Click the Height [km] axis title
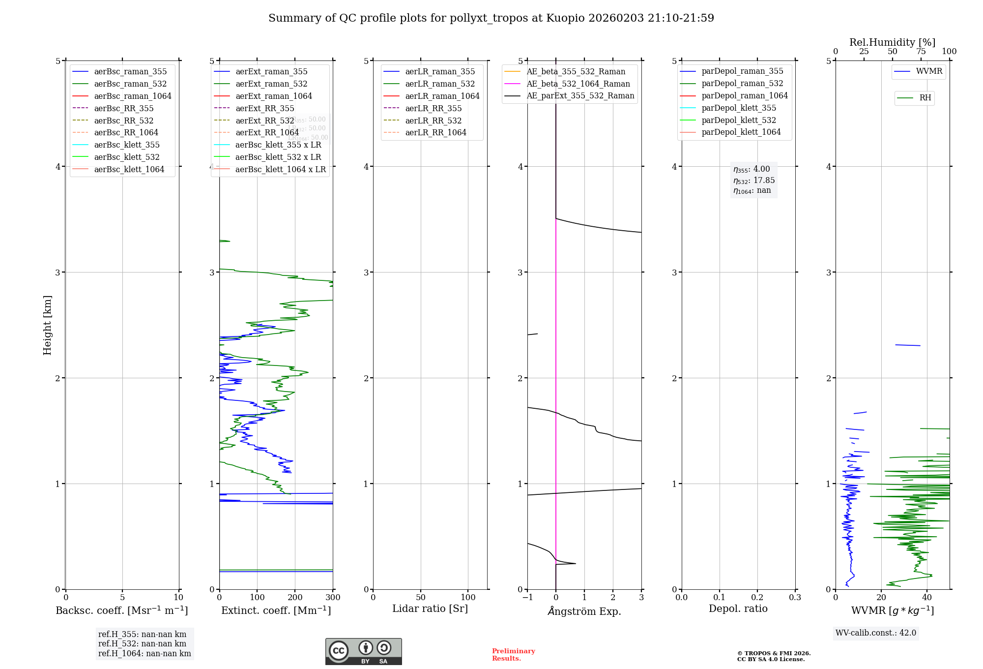(x=47, y=325)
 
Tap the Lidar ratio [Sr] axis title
(x=430, y=608)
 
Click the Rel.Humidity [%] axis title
(x=892, y=42)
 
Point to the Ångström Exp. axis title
(x=584, y=611)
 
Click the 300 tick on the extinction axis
(x=333, y=597)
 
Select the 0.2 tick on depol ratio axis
(x=757, y=597)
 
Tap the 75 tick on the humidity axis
(x=921, y=52)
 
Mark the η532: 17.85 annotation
(x=754, y=181)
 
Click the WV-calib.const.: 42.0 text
(x=876, y=633)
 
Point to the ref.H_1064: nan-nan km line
(x=145, y=653)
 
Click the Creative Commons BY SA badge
(x=363, y=651)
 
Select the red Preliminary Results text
(x=513, y=654)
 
